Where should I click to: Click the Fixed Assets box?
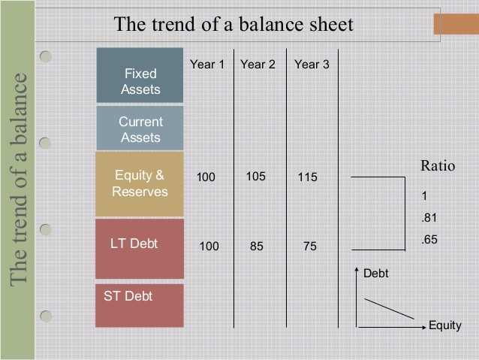[x=140, y=75]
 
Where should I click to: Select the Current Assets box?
[x=140, y=129]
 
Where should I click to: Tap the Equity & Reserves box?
[x=140, y=184]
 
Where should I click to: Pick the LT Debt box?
[x=140, y=249]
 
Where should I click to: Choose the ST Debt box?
[x=140, y=306]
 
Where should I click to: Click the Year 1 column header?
[x=207, y=64]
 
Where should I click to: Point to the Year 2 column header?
[x=258, y=64]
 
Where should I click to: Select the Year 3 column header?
[x=312, y=64]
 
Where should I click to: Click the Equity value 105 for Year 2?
[x=256, y=177]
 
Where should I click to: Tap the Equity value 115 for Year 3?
[x=308, y=177]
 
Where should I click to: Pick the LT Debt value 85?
[x=257, y=247]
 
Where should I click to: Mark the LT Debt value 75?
[x=310, y=247]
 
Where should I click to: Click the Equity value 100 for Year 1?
[x=206, y=177]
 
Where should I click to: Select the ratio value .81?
[x=429, y=217]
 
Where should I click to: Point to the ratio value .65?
[x=429, y=239]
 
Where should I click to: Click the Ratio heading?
[x=438, y=166]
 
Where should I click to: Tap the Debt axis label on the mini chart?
[x=375, y=273]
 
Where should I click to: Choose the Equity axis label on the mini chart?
[x=445, y=325]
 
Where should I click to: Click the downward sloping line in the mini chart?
[x=390, y=309]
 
